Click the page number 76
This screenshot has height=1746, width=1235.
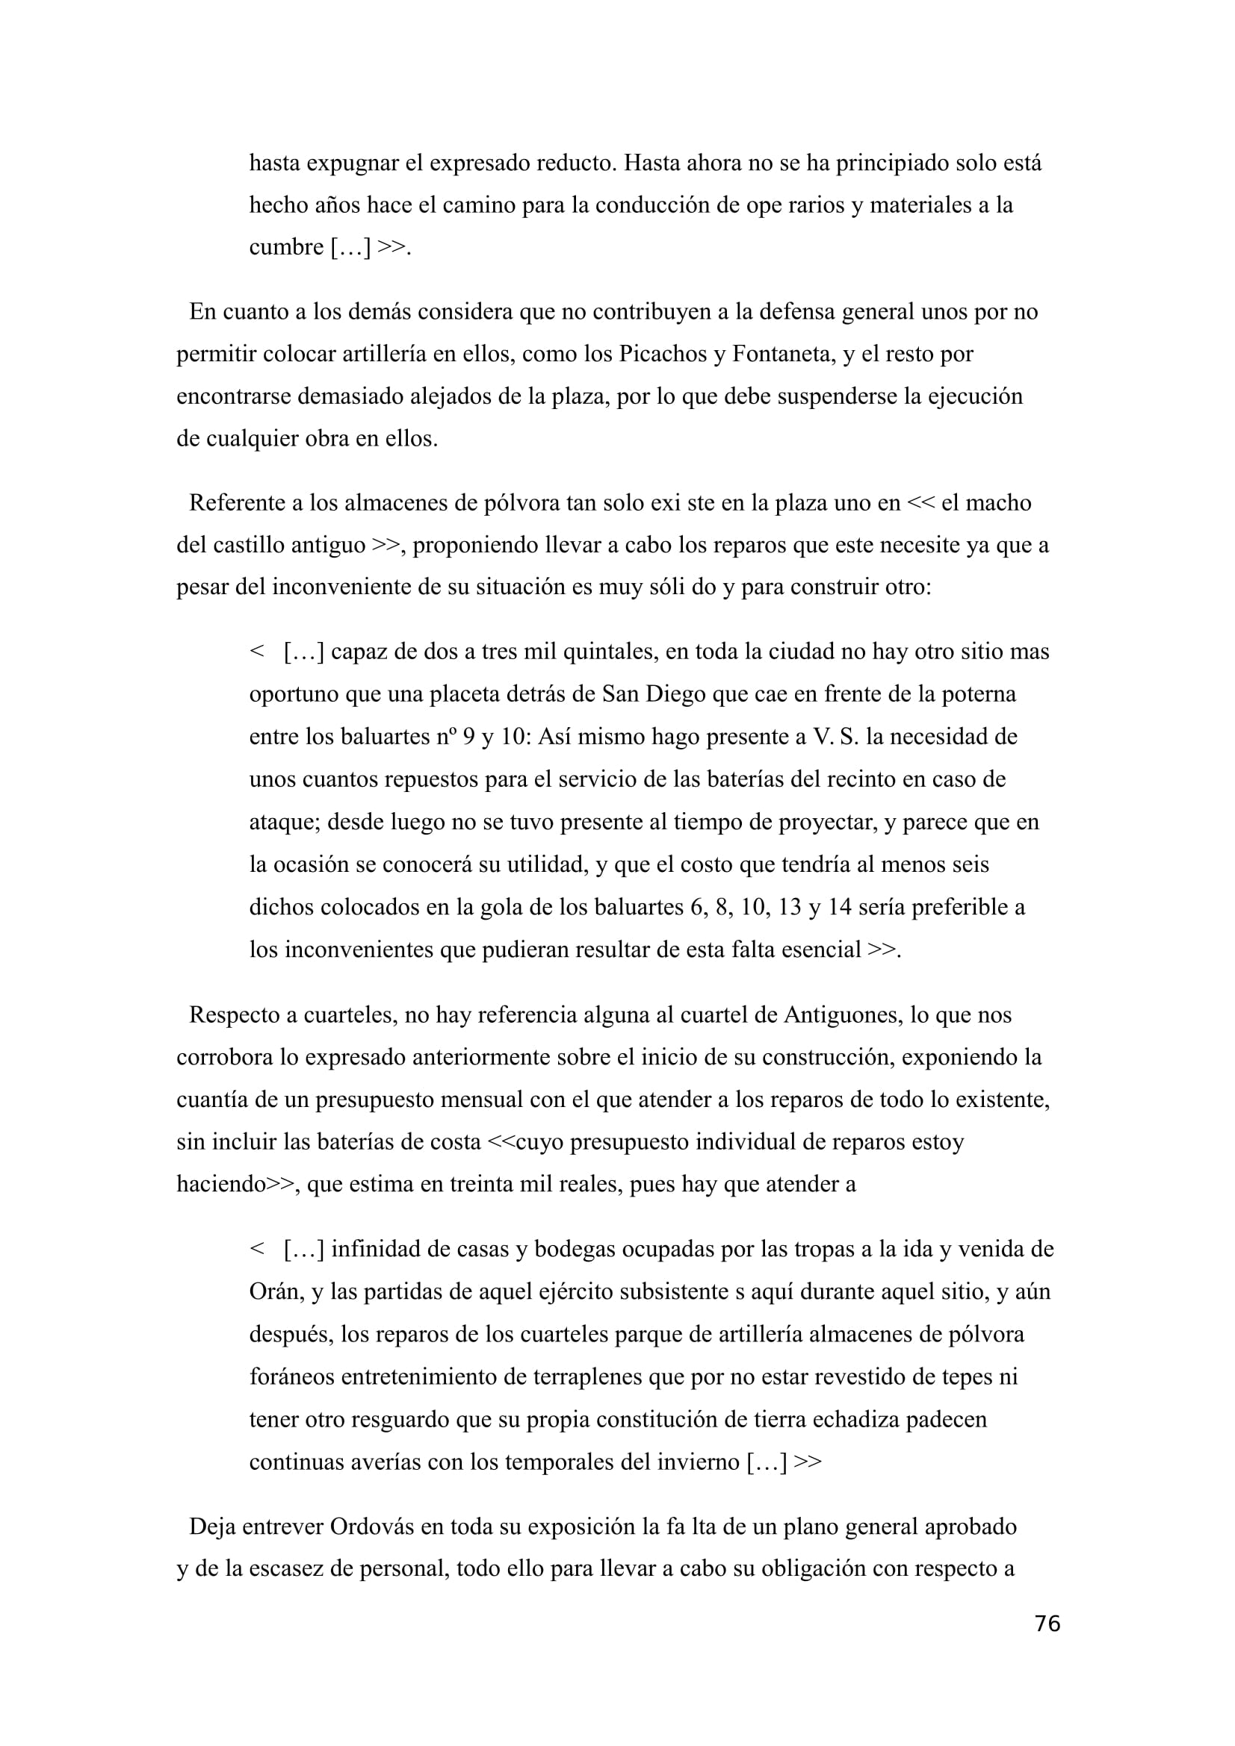1047,1624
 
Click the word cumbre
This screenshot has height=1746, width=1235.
286,247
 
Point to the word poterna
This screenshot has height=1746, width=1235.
980,694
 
